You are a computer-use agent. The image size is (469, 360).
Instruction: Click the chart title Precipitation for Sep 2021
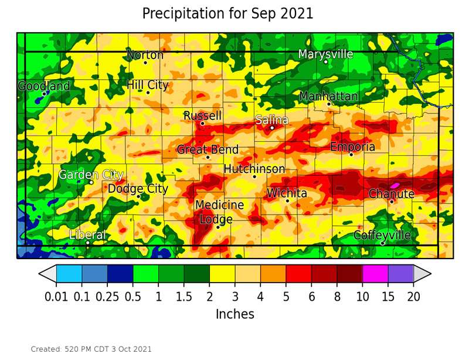[227, 13]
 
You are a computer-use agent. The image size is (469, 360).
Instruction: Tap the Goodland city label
[44, 86]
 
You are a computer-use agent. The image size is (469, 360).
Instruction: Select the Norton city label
[145, 55]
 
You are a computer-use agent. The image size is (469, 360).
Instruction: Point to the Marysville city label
[325, 55]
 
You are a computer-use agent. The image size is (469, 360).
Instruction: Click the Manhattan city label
[328, 97]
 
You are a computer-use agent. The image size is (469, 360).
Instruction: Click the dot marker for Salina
[272, 128]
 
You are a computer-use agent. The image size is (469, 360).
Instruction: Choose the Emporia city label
[352, 147]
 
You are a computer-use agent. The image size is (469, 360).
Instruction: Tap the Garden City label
[91, 175]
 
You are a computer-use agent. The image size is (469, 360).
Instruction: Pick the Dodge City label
[138, 189]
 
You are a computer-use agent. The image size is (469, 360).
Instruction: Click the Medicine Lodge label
[219, 212]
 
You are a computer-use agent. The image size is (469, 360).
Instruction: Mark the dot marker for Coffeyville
[382, 243]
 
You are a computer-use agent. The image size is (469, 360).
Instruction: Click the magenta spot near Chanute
[395, 185]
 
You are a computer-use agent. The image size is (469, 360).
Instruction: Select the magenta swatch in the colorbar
[375, 274]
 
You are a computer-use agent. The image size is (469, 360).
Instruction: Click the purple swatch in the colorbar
[400, 274]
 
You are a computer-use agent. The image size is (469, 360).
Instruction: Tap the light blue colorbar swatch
[69, 274]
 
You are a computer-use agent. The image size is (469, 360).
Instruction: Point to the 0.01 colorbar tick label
[56, 297]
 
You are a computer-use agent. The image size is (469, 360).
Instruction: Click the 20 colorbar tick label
[413, 297]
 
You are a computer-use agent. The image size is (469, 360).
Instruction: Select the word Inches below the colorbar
[235, 314]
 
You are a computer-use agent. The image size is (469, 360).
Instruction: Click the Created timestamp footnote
[91, 349]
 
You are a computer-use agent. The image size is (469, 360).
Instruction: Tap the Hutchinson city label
[254, 169]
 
